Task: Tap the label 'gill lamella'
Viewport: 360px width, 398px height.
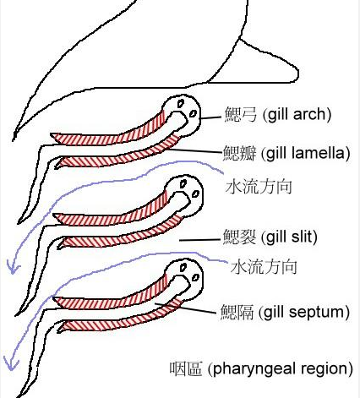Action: [307, 153]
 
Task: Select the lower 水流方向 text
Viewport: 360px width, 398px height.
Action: [264, 267]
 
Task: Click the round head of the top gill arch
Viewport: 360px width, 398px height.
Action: [183, 111]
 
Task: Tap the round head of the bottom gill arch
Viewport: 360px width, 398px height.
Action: [184, 278]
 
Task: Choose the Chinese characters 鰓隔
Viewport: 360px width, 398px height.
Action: [237, 312]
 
